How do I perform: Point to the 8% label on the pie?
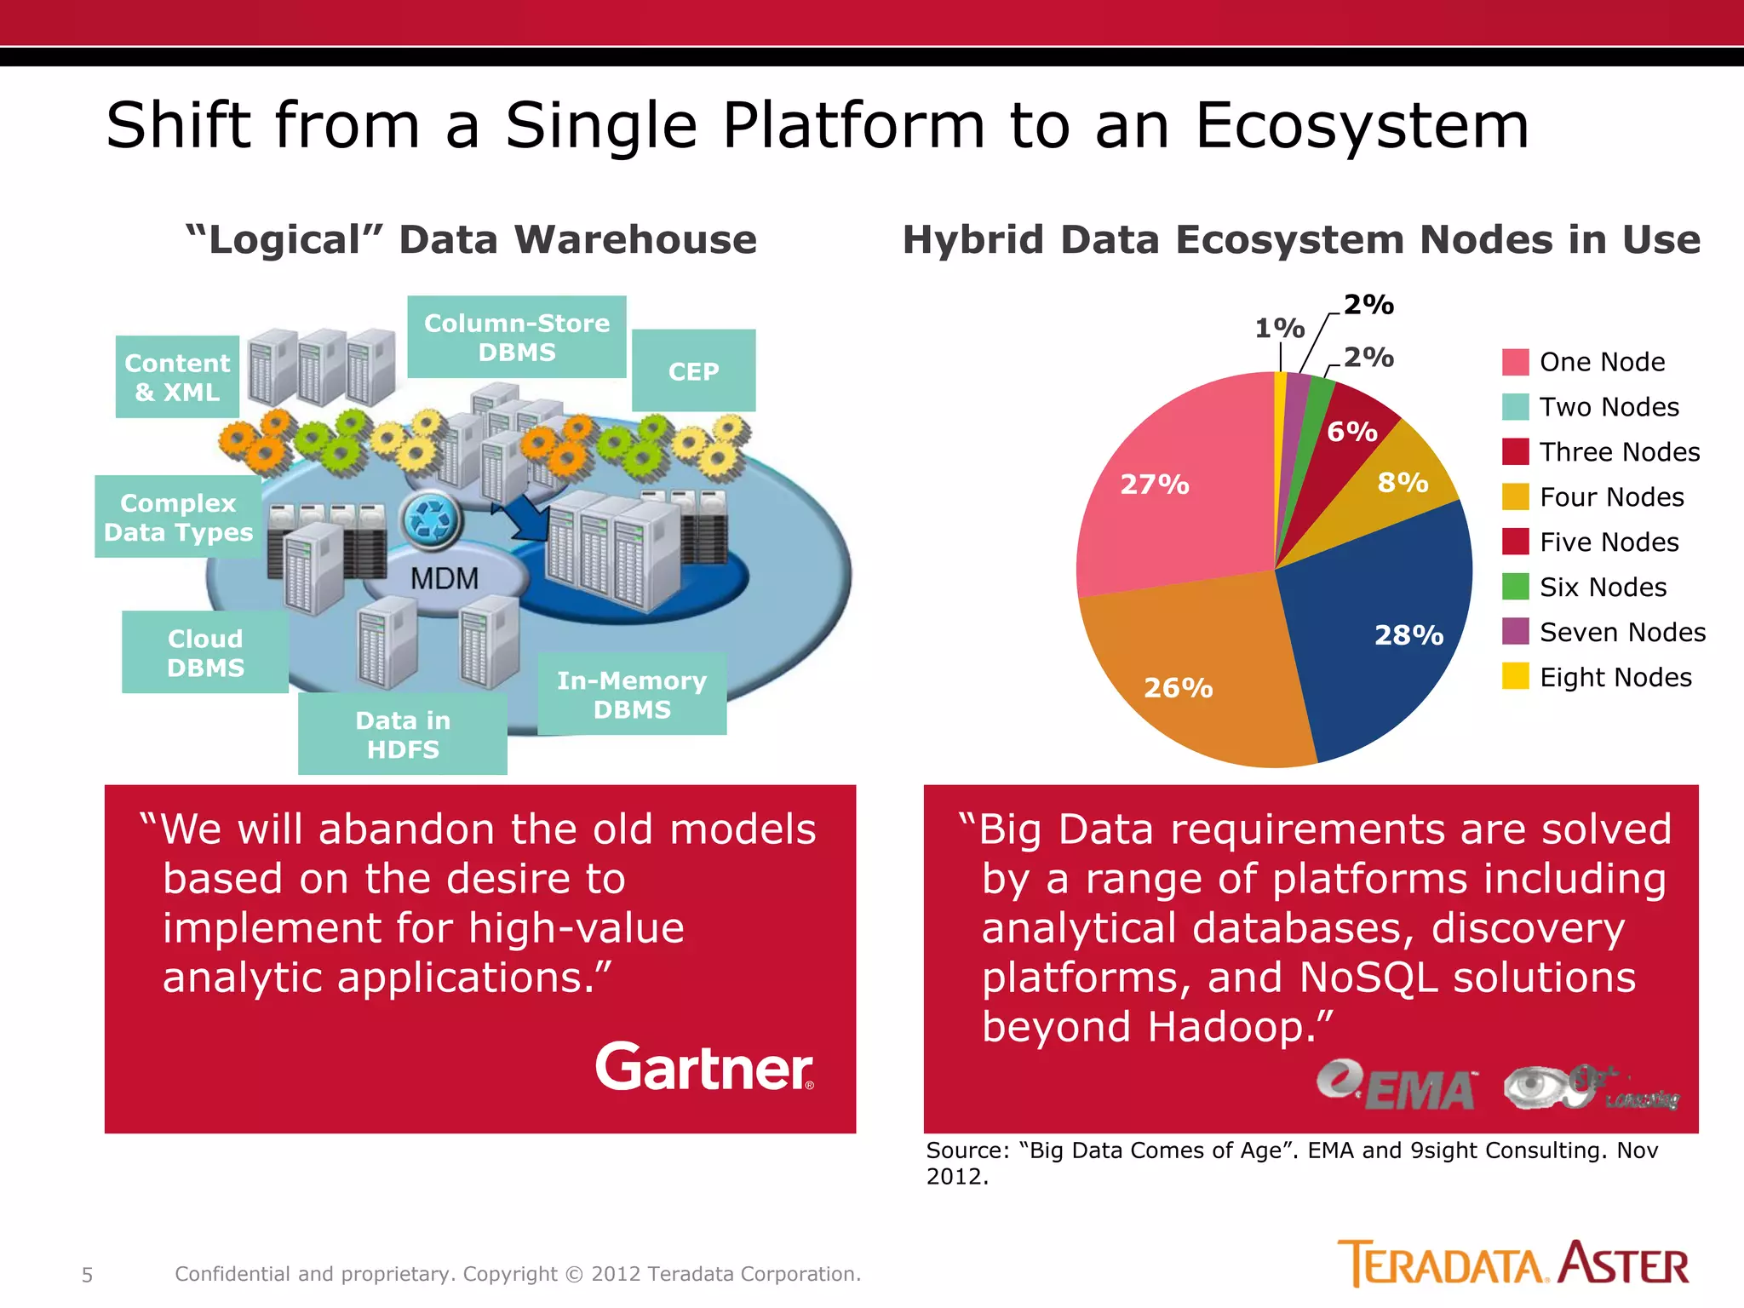(1403, 483)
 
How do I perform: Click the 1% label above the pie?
(1279, 328)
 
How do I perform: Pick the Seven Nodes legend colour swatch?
(1515, 632)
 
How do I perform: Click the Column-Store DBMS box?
(516, 337)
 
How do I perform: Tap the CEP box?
(693, 371)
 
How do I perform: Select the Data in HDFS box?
(402, 734)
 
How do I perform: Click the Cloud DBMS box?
(205, 652)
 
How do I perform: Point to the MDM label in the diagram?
(445, 579)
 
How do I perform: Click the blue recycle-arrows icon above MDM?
(432, 520)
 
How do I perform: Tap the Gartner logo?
(704, 1067)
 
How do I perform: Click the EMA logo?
(1397, 1087)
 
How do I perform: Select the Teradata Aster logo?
(1512, 1264)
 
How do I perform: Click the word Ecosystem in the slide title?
(1362, 125)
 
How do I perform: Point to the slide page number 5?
(87, 1275)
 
